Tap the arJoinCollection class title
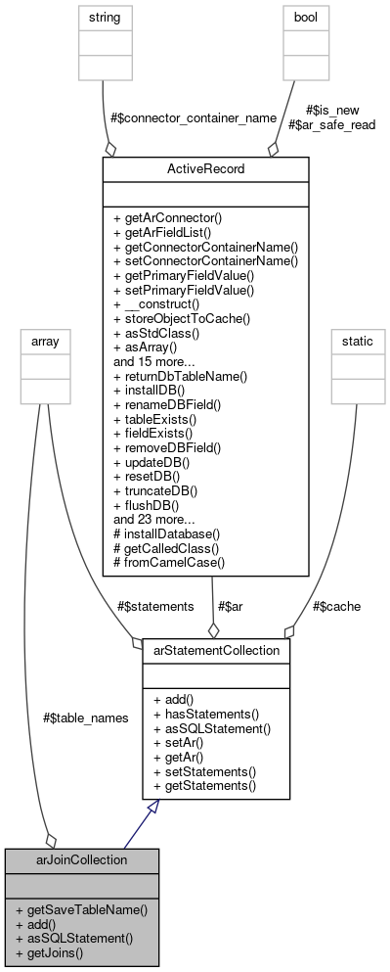pos(81,860)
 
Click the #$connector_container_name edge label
pos(194,118)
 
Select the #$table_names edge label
pos(86,717)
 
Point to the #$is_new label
pos(326,111)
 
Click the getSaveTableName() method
pos(81,910)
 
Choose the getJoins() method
pos(58,951)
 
